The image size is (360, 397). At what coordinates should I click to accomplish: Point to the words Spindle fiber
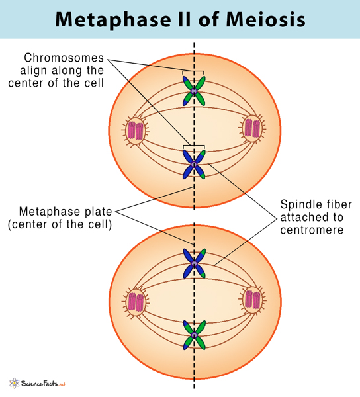click(x=310, y=203)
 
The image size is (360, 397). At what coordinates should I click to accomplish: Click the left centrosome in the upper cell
click(x=135, y=129)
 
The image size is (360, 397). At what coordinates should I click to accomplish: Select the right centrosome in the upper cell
click(x=252, y=129)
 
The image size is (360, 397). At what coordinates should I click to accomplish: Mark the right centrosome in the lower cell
click(x=253, y=299)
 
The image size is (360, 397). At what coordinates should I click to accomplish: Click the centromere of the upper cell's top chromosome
click(x=194, y=90)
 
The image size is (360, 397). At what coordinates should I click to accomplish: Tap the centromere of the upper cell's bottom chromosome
click(x=194, y=163)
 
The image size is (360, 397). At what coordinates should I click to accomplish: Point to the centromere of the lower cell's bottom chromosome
click(x=194, y=335)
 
